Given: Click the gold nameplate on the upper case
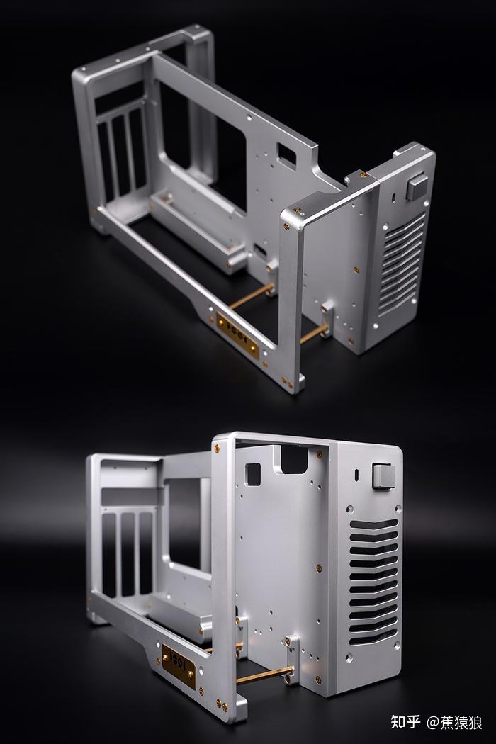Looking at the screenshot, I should (237, 332).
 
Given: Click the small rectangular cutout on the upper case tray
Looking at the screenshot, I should (287, 154).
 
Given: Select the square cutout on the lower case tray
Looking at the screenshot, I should (253, 473).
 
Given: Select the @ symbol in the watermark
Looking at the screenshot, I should (433, 723).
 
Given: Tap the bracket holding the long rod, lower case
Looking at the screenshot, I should (291, 659).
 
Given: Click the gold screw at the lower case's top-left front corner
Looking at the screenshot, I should (218, 448).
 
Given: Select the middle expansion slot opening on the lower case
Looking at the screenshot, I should (128, 553).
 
